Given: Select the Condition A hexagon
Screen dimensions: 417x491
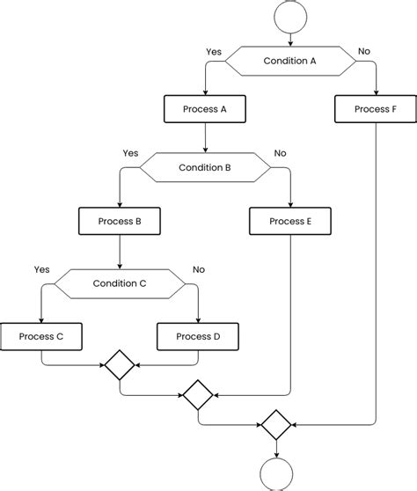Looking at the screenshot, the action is pos(290,61).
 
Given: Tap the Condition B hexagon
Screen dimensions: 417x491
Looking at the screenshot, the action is pos(205,167).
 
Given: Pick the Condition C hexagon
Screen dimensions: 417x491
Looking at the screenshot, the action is pos(120,283).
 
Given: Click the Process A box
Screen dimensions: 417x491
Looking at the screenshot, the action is pos(205,109).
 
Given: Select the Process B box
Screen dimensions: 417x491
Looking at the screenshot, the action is pos(120,221).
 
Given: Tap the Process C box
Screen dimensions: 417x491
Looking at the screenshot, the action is pos(41,337).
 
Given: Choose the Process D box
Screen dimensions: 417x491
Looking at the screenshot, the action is pos(198,337).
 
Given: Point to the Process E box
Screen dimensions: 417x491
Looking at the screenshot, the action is pos(290,221).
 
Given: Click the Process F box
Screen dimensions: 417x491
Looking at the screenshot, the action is pos(376,109).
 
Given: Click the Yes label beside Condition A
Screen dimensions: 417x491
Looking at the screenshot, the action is pos(214,52).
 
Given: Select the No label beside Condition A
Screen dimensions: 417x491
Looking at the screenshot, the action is pos(364,51).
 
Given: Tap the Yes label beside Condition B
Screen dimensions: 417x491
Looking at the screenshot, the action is pos(130,153).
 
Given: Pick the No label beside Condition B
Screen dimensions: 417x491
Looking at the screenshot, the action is pos(280,153).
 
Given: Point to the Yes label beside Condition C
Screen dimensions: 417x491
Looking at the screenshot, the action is pos(42,269).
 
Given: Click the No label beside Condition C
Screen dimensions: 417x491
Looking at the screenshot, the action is pos(199,269).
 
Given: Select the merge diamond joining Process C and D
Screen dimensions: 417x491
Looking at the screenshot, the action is pos(120,365).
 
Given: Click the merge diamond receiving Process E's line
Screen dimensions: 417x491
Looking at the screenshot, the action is pos(198,395).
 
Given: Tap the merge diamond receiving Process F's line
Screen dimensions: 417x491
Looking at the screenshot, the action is pos(276,425).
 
